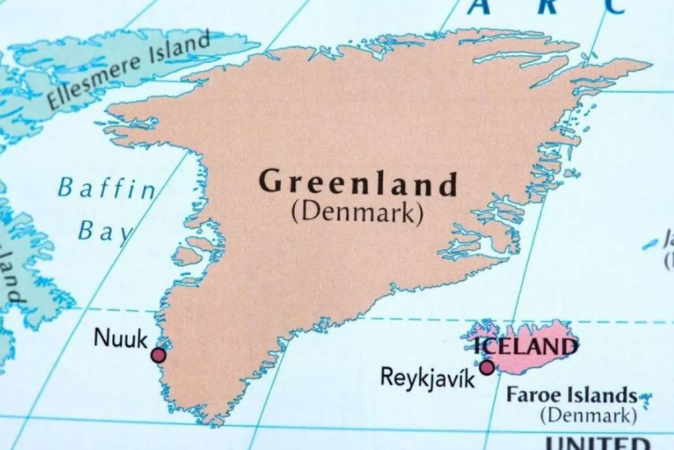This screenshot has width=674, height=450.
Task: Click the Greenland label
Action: [x=358, y=183]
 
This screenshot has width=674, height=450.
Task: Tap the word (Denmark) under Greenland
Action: [x=357, y=213]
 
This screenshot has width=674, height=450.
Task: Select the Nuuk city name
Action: [x=120, y=338]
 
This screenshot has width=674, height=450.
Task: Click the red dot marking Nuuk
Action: [x=158, y=355]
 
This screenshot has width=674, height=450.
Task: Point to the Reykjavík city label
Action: [x=427, y=376]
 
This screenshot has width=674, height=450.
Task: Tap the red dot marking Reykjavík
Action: [x=487, y=368]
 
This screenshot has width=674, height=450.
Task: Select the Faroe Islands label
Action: [x=572, y=395]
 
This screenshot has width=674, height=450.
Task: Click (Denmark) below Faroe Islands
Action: [x=588, y=416]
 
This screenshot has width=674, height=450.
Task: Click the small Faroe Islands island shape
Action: [x=645, y=400]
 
